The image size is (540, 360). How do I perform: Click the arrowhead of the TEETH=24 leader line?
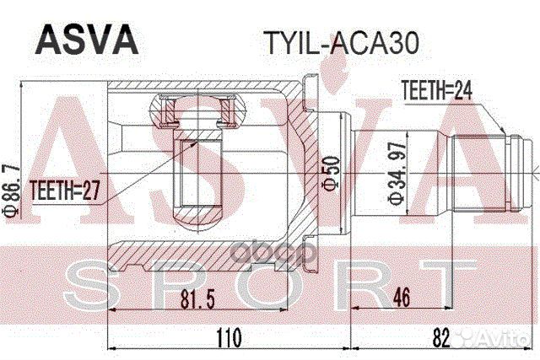pos(501,132)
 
